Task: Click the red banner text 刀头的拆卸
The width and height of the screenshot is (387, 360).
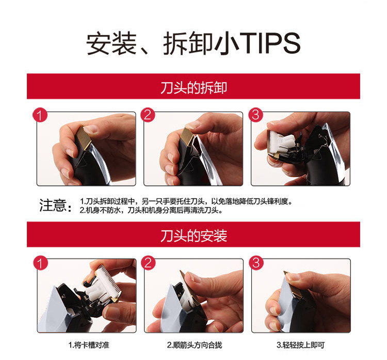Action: click(x=193, y=88)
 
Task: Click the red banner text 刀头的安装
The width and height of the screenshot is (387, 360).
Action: click(x=193, y=236)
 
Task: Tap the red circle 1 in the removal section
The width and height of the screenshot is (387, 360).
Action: click(x=40, y=115)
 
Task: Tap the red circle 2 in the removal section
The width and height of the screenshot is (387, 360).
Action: click(x=148, y=115)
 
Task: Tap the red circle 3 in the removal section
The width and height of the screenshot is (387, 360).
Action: click(x=255, y=115)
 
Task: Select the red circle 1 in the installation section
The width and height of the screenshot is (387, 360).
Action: click(x=40, y=263)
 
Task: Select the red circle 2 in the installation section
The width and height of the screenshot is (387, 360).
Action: click(x=148, y=263)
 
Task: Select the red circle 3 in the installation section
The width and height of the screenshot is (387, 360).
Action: click(x=256, y=263)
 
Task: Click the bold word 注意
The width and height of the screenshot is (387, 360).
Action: click(x=53, y=206)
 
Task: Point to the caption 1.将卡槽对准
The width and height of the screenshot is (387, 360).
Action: click(x=89, y=345)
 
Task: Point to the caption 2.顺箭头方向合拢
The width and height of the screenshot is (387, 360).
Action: click(x=195, y=345)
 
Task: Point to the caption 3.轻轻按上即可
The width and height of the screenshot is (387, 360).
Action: click(x=301, y=345)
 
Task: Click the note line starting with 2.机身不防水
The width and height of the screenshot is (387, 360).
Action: click(x=151, y=210)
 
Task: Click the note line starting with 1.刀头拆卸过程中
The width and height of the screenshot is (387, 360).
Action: click(x=186, y=201)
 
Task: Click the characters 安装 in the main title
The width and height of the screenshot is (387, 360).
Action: click(x=111, y=43)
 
